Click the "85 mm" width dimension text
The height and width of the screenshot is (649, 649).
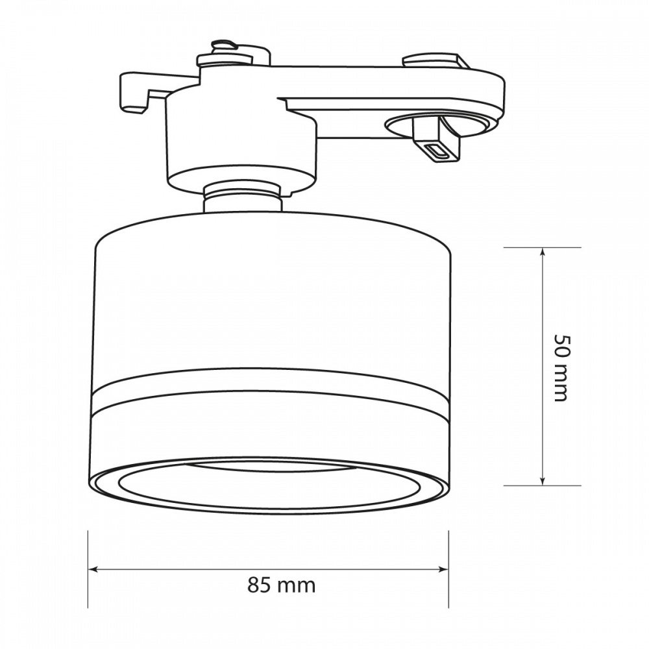pyautogui.click(x=281, y=585)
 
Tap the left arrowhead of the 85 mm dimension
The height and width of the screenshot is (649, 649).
pyautogui.click(x=93, y=569)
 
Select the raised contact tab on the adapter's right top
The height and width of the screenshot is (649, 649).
pyautogui.click(x=435, y=62)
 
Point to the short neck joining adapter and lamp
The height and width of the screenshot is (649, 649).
pyautogui.click(x=243, y=198)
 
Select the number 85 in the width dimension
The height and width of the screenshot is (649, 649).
pyautogui.click(x=258, y=585)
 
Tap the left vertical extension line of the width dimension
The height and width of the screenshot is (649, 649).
pyautogui.click(x=88, y=570)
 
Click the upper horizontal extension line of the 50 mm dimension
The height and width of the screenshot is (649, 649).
pyautogui.click(x=543, y=248)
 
